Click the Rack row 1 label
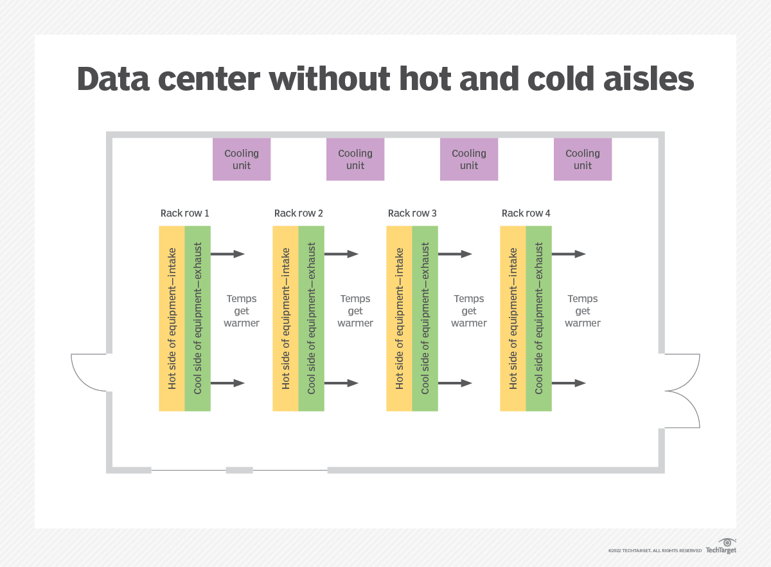(185, 213)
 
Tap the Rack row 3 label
(412, 213)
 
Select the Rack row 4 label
(526, 213)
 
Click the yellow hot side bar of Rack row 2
(285, 318)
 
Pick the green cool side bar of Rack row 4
(538, 318)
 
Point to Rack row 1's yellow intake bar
(172, 318)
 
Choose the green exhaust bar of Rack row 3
(425, 318)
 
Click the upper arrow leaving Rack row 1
(227, 254)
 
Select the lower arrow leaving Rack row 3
(455, 383)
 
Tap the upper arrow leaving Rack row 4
(569, 254)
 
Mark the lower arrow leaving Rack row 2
(341, 383)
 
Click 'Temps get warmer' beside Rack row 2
(355, 311)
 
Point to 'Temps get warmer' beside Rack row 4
(583, 311)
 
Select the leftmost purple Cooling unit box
(242, 159)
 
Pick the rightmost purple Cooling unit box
(583, 159)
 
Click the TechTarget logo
(721, 546)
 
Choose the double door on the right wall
(682, 390)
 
